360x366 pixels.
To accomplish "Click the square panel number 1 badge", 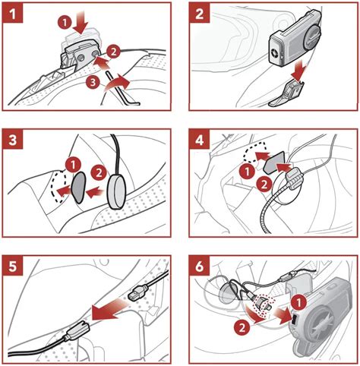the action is [13, 13].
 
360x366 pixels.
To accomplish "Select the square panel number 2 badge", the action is [200, 13].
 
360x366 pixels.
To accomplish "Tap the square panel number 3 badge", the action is [13, 139].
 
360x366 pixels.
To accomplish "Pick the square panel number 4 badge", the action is [200, 139].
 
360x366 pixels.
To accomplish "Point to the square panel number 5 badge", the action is [13, 266].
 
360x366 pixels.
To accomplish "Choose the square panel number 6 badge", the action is [200, 266].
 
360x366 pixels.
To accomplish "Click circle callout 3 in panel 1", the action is [93, 83].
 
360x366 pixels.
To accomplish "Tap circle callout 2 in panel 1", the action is [113, 52].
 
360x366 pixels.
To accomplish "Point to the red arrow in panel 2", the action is [298, 71].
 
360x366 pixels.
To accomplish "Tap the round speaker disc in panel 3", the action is [117, 192].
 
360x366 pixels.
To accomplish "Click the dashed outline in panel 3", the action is [59, 186].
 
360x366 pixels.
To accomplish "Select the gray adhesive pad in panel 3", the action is [79, 188].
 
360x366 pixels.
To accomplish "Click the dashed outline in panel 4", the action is [254, 153].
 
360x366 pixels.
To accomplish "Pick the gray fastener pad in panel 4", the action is [274, 163].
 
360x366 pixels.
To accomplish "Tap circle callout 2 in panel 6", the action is [242, 327].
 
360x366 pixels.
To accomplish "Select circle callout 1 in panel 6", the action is [298, 302].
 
